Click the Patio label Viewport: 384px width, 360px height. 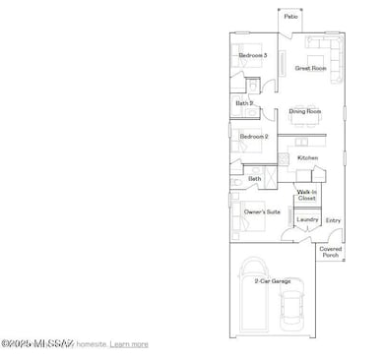tap(290, 16)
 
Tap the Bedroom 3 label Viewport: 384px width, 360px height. tap(253, 55)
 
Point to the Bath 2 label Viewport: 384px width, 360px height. tap(244, 102)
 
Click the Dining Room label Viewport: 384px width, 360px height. tap(305, 111)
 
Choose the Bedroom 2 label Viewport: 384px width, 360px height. tap(254, 136)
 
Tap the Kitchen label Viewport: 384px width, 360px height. tap(308, 157)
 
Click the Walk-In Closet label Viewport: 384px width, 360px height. tap(307, 195)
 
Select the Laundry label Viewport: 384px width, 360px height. tap(307, 219)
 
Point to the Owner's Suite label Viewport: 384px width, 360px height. tap(261, 210)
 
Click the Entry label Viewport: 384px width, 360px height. tap(333, 220)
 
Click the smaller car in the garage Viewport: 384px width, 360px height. tap(292, 310)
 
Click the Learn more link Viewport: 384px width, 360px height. tap(129, 344)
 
